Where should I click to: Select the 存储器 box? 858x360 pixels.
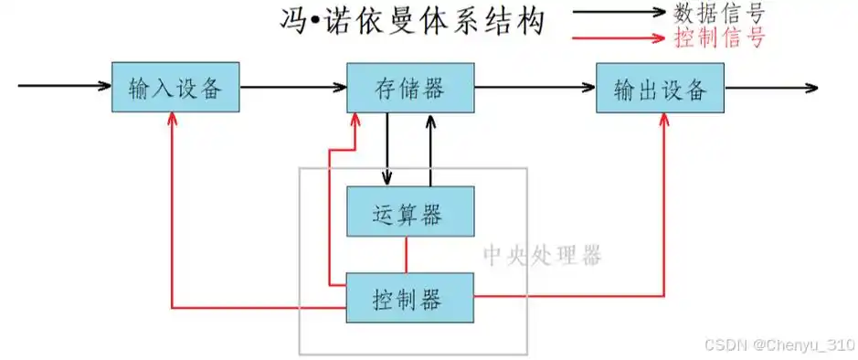(410, 89)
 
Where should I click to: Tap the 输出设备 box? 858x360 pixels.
(660, 89)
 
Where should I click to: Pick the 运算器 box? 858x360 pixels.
(410, 213)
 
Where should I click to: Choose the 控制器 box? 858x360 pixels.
(410, 297)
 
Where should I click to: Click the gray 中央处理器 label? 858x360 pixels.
(542, 255)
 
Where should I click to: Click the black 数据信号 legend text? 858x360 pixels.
(718, 13)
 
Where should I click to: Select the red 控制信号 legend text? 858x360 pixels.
(718, 38)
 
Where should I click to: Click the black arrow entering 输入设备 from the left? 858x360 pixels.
(64, 88)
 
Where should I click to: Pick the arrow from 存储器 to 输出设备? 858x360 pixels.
(535, 88)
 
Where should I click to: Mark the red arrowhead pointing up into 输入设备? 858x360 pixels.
(172, 122)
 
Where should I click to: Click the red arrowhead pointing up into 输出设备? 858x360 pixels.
(663, 122)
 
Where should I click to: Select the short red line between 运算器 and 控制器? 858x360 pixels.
(406, 255)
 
